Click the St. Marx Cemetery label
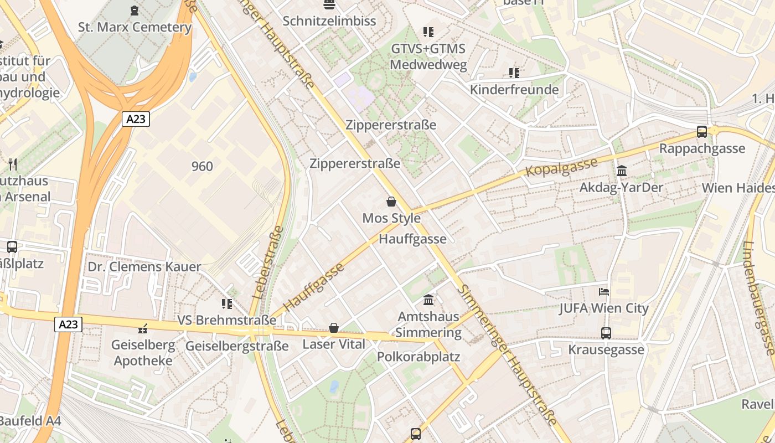135,27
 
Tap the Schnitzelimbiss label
329,21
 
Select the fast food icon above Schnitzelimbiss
329,5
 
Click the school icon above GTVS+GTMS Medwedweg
428,32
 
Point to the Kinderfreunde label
514,90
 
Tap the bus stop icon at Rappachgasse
702,132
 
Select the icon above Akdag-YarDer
621,171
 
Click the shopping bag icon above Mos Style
391,202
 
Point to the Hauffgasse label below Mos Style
412,239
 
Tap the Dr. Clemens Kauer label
144,267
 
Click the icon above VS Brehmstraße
226,304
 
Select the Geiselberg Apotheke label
143,353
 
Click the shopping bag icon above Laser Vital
334,328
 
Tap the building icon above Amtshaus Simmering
428,300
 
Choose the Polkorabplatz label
418,357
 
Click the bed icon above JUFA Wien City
603,292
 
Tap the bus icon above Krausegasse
606,333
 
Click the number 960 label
202,166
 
